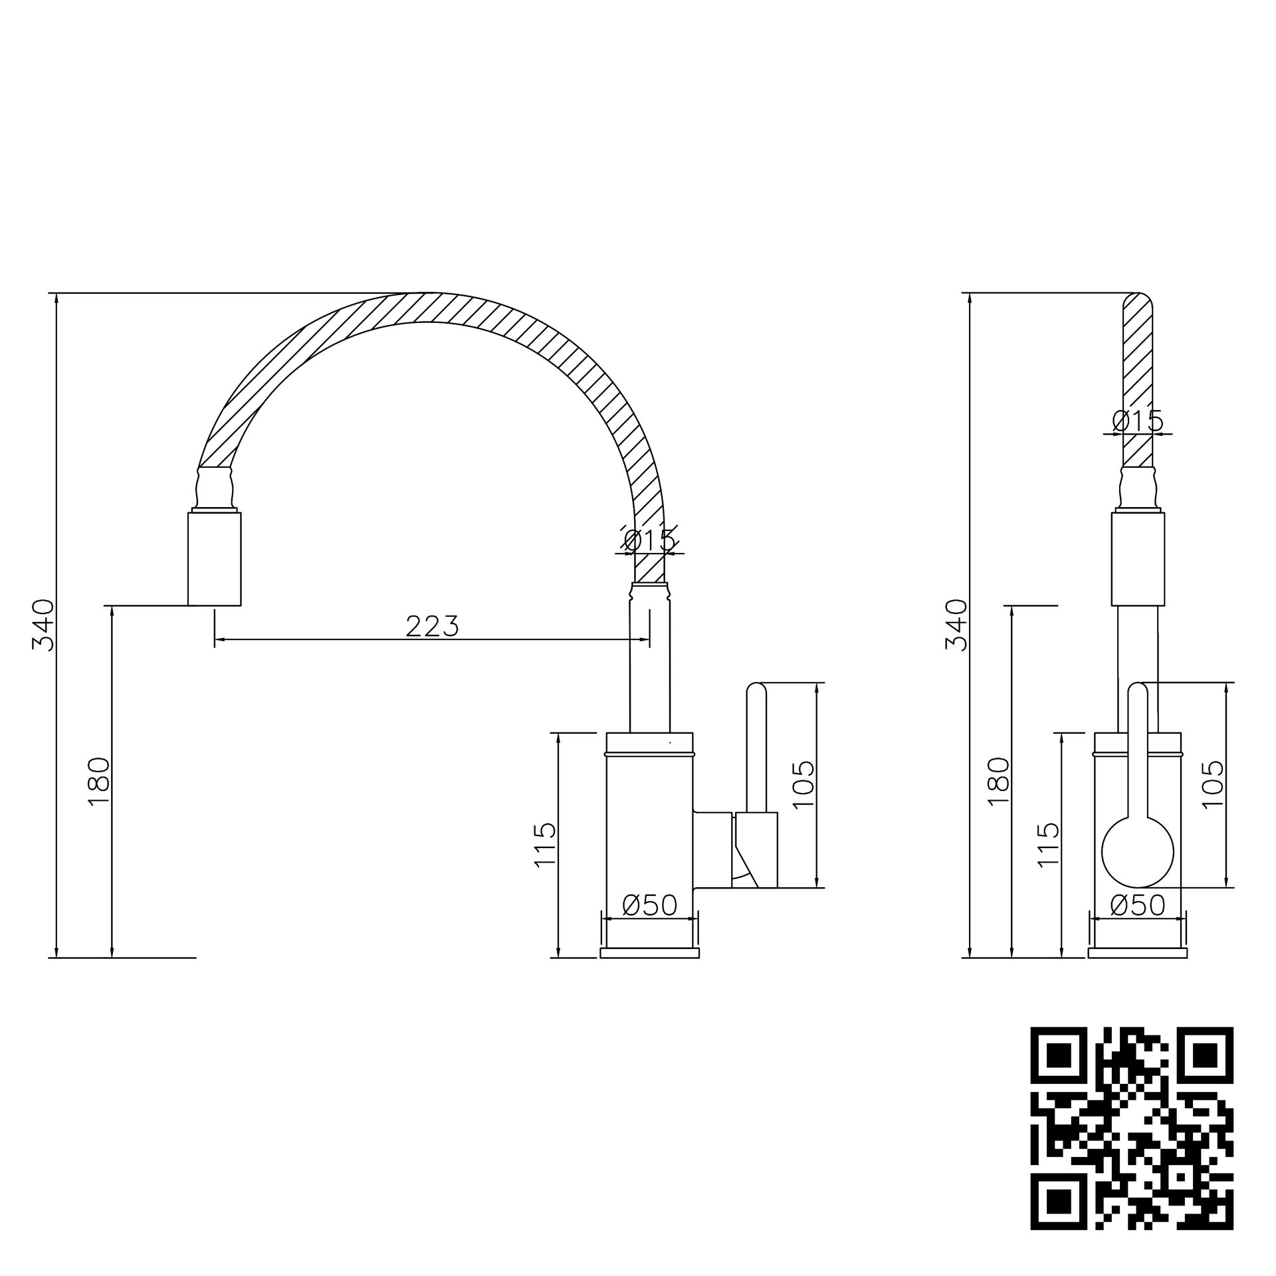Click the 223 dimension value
coord(432,626)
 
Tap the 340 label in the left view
coord(45,624)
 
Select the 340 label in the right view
coord(957,624)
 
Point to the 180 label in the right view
coord(998,782)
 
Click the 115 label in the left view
coord(544,844)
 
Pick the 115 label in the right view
coord(1047,844)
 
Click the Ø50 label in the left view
coord(649,905)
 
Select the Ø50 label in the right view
coord(1138,905)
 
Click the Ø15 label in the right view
coord(1138,421)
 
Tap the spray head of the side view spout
coord(214,558)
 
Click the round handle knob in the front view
coord(1138,852)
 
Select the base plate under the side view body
coord(649,953)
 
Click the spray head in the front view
coord(1138,558)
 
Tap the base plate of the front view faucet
coord(1138,953)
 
